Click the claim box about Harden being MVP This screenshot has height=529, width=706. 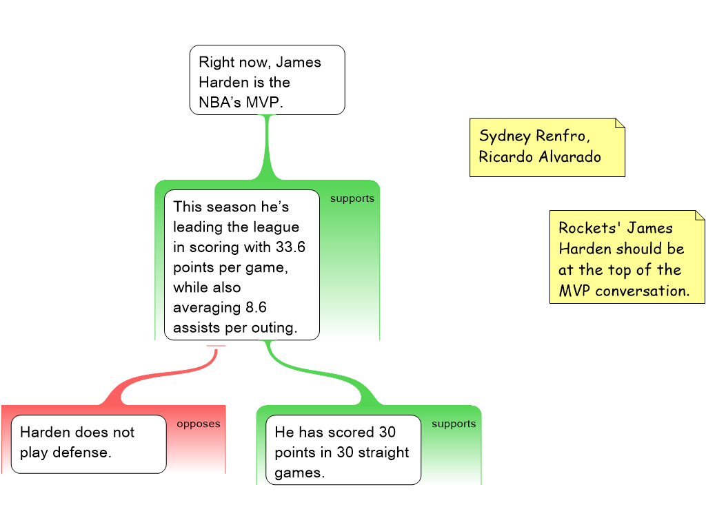click(x=267, y=80)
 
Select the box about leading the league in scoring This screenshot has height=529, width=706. click(x=241, y=265)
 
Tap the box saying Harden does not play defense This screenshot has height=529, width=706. click(x=88, y=444)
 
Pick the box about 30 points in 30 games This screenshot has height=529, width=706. click(x=343, y=450)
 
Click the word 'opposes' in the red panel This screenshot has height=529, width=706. click(x=198, y=424)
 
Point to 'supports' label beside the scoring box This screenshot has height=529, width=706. click(x=352, y=198)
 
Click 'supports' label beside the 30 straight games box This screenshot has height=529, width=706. click(x=453, y=424)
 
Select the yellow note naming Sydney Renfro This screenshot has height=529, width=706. click(x=547, y=147)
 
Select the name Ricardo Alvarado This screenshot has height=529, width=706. click(x=539, y=157)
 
